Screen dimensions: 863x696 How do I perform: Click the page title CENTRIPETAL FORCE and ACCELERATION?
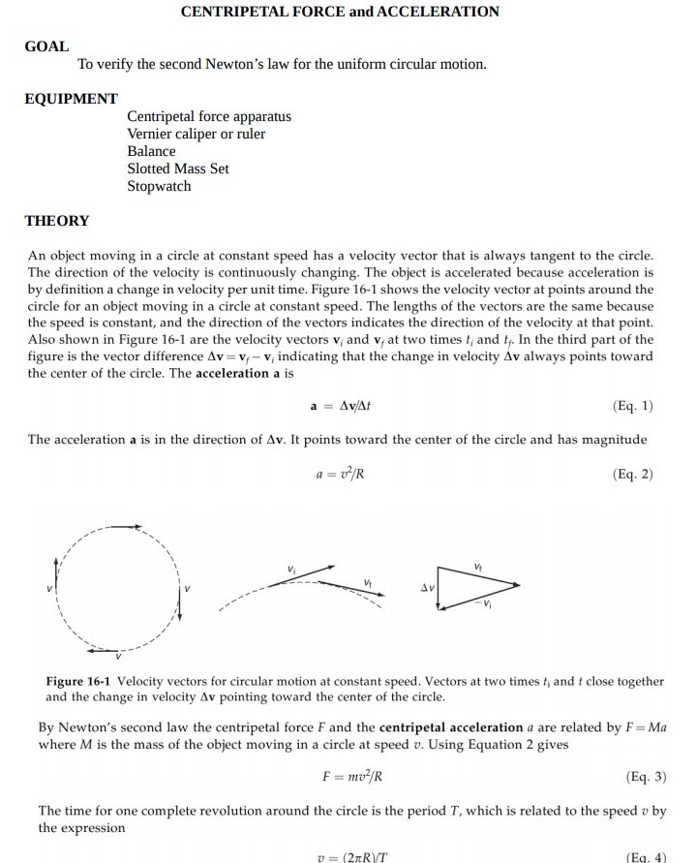point(340,13)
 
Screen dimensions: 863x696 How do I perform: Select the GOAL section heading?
point(46,46)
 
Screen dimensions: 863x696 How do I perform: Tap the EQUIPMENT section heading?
point(72,99)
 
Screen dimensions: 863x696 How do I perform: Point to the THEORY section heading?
point(57,221)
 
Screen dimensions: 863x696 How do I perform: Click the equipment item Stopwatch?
point(159,186)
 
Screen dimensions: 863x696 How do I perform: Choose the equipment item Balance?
point(151,151)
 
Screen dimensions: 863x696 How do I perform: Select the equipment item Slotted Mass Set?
point(178,169)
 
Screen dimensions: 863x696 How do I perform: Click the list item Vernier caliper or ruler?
point(196,134)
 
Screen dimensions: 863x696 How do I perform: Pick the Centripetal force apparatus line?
point(208,116)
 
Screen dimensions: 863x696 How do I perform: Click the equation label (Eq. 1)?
point(633,406)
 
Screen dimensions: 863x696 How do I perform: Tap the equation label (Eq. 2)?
point(633,474)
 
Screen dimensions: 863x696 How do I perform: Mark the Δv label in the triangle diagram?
point(425,588)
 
